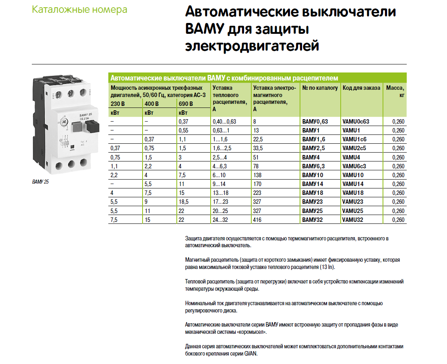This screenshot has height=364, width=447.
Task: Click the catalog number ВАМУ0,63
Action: click(315, 122)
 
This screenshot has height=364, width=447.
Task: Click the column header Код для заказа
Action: click(361, 88)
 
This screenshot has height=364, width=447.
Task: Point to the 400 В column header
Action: click(151, 104)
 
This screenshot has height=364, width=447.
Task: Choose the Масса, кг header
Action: click(395, 91)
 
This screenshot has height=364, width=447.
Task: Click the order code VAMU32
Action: click(353, 220)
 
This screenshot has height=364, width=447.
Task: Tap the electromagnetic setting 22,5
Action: click(258, 139)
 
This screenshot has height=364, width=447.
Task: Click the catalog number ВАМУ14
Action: click(312, 184)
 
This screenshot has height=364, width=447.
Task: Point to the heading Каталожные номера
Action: click(79, 10)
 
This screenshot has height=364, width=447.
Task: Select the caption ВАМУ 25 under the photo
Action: click(40, 182)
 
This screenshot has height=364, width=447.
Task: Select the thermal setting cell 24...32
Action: click(220, 220)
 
